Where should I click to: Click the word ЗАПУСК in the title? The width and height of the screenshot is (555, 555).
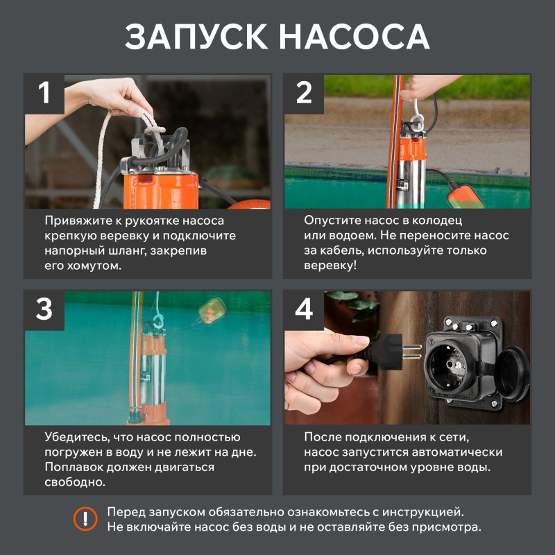tap(196, 37)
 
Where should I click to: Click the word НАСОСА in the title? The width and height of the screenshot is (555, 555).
tap(355, 37)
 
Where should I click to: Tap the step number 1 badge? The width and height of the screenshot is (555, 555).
tap(44, 94)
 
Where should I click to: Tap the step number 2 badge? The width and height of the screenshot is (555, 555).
tap(304, 94)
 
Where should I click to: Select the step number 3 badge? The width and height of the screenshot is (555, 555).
tap(44, 310)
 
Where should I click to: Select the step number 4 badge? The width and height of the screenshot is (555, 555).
tap(304, 310)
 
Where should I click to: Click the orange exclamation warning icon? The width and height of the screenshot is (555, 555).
tap(85, 519)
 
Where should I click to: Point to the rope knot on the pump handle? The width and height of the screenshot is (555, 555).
tap(153, 128)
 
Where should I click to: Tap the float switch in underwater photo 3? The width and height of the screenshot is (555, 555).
tap(212, 310)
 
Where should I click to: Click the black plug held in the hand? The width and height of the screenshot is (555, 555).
tap(385, 352)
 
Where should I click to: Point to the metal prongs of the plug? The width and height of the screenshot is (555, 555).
tap(412, 352)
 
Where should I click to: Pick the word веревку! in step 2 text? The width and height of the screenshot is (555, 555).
tap(330, 266)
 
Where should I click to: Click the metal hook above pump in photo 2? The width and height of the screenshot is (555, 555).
tap(417, 113)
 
